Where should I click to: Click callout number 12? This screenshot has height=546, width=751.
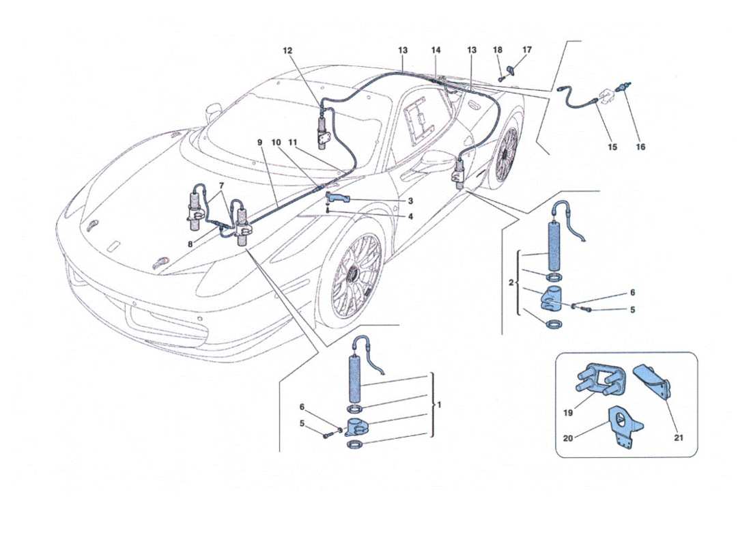click(x=287, y=51)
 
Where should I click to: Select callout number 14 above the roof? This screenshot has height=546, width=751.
click(x=436, y=51)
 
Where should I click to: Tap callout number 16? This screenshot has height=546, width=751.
click(x=640, y=146)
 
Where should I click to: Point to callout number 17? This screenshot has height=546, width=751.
click(x=526, y=50)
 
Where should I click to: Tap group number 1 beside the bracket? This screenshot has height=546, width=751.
click(x=440, y=405)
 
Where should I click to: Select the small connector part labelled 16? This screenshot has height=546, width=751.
click(x=622, y=87)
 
